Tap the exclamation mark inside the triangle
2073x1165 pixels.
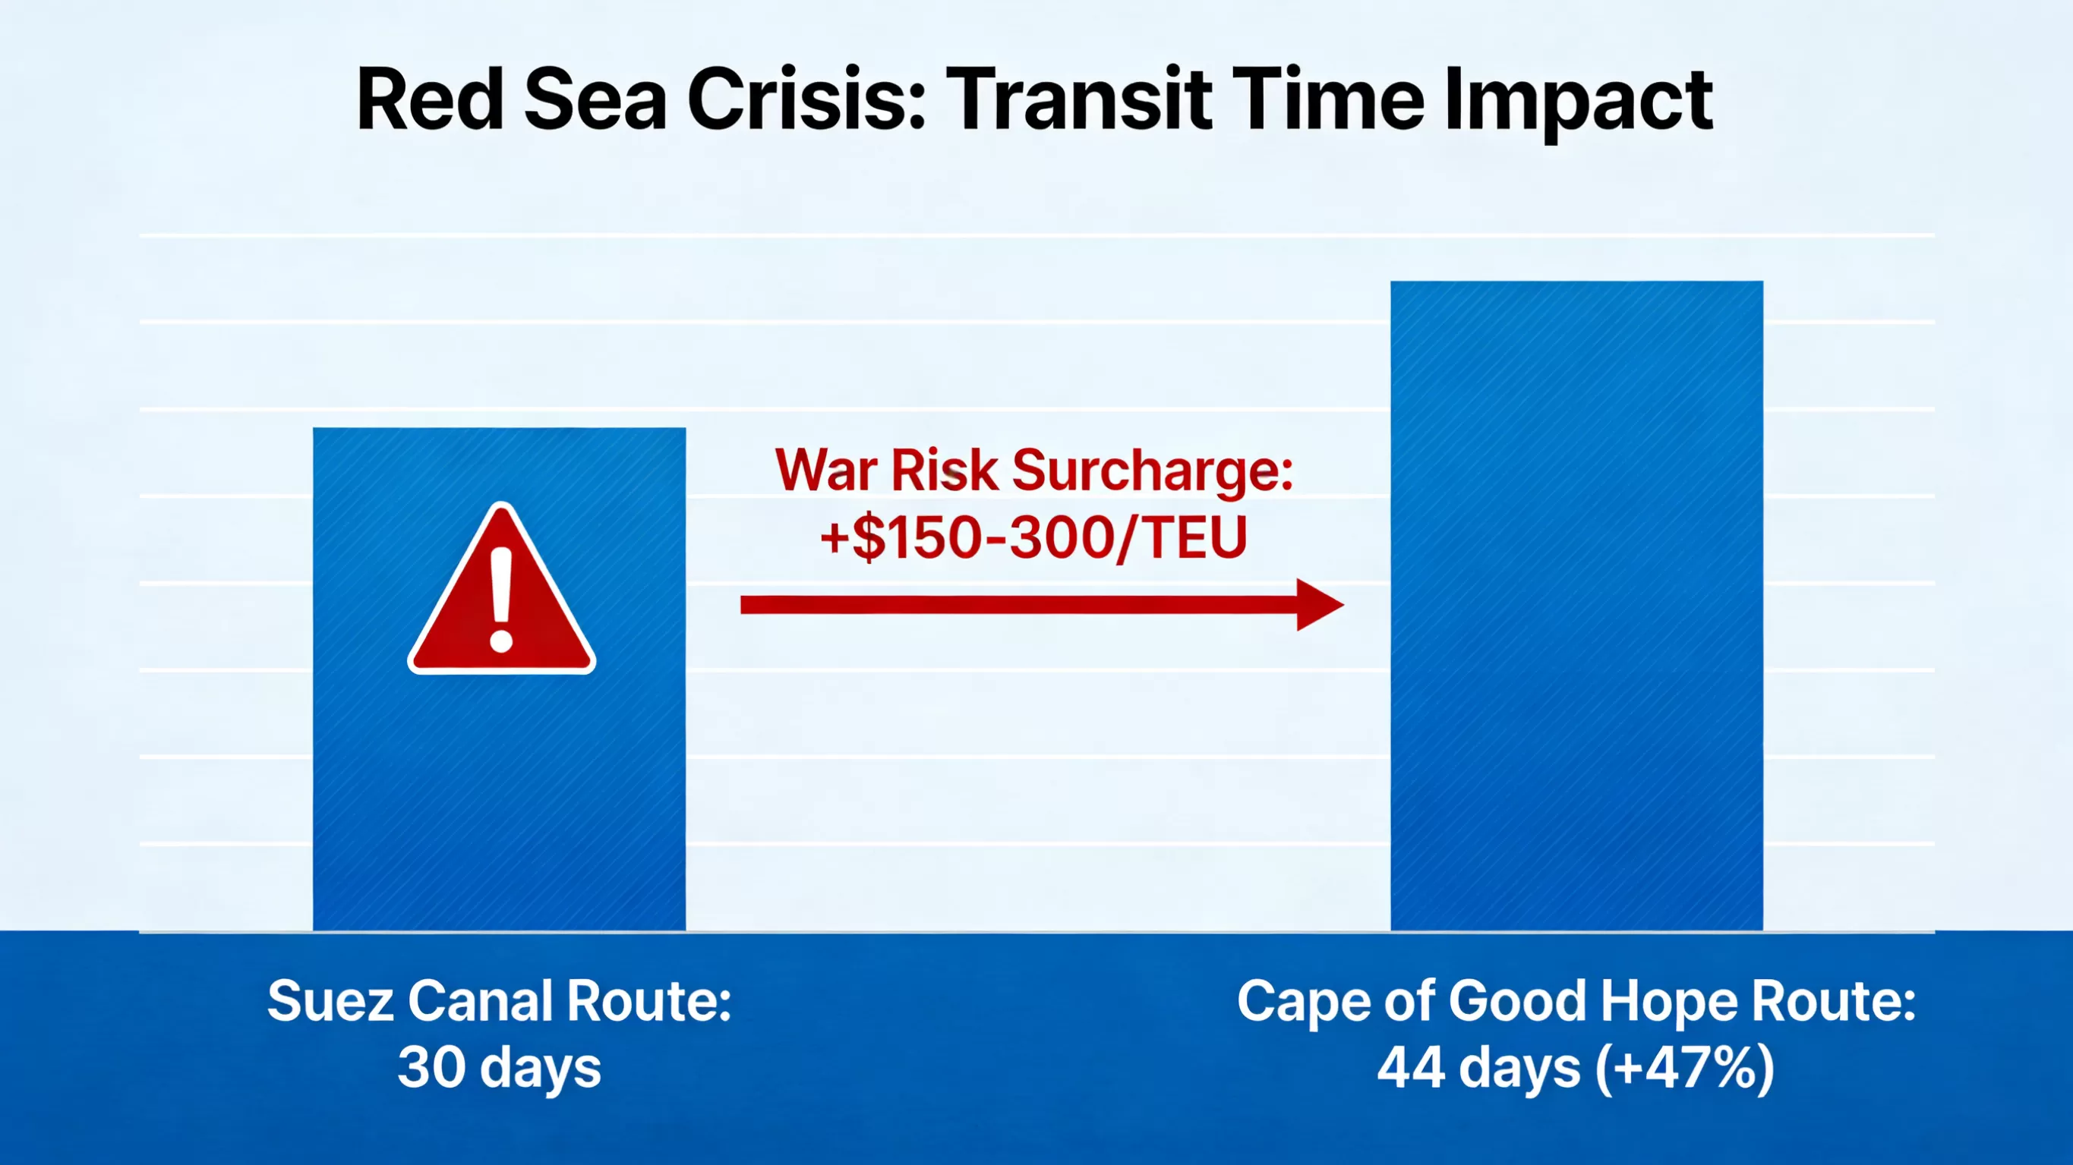[501, 600]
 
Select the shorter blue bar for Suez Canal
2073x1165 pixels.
[499, 679]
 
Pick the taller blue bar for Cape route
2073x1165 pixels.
[1576, 606]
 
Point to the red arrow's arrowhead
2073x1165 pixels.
[1320, 605]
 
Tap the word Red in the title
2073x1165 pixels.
[431, 101]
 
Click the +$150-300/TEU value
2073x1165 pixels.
[1033, 539]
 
